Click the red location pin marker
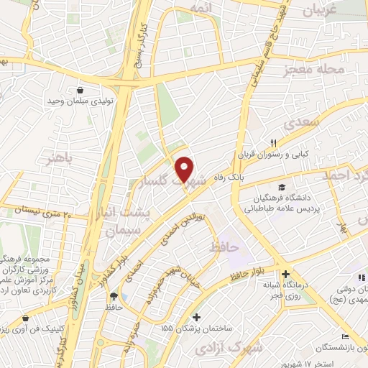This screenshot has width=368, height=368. click(185, 170)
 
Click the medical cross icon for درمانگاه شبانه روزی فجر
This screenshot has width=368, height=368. click(286, 274)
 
